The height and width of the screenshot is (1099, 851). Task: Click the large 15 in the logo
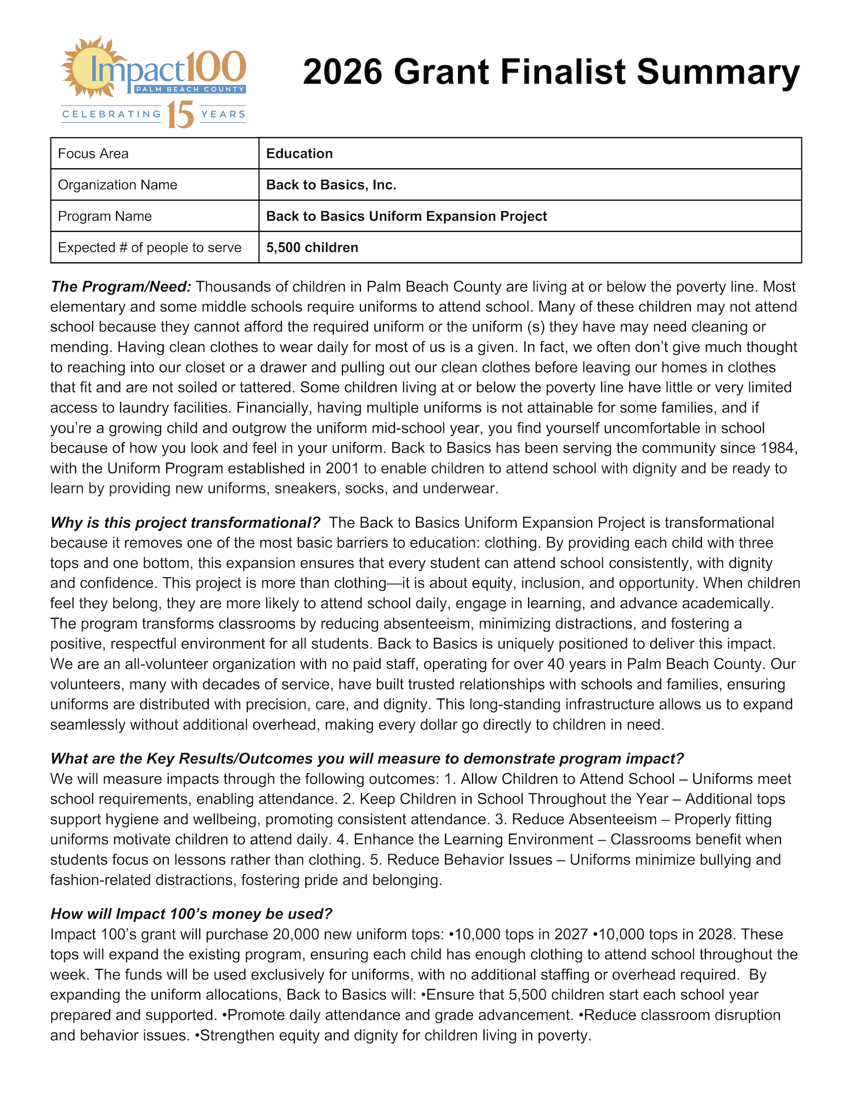(x=180, y=115)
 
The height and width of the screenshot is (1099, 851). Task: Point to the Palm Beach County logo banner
(x=190, y=90)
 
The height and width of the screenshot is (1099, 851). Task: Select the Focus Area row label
(x=93, y=154)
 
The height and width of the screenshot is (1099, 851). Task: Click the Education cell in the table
(x=299, y=154)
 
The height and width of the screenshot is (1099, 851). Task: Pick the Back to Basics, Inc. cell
(x=331, y=185)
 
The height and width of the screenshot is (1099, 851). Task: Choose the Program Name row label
(x=105, y=216)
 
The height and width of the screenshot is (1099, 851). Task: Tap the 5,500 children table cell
(x=312, y=247)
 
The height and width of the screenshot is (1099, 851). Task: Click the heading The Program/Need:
(x=121, y=287)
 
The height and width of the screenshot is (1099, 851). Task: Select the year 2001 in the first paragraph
(x=342, y=469)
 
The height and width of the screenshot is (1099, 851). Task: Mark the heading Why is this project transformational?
(x=185, y=523)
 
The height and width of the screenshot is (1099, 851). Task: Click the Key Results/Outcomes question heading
(x=367, y=759)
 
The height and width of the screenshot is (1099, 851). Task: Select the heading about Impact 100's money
(x=191, y=914)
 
